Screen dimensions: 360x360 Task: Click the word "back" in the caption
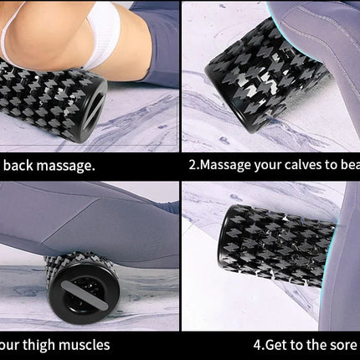point(23,165)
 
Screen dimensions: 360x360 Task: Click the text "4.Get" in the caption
point(270,344)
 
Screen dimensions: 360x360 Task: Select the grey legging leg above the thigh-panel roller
point(84,226)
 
